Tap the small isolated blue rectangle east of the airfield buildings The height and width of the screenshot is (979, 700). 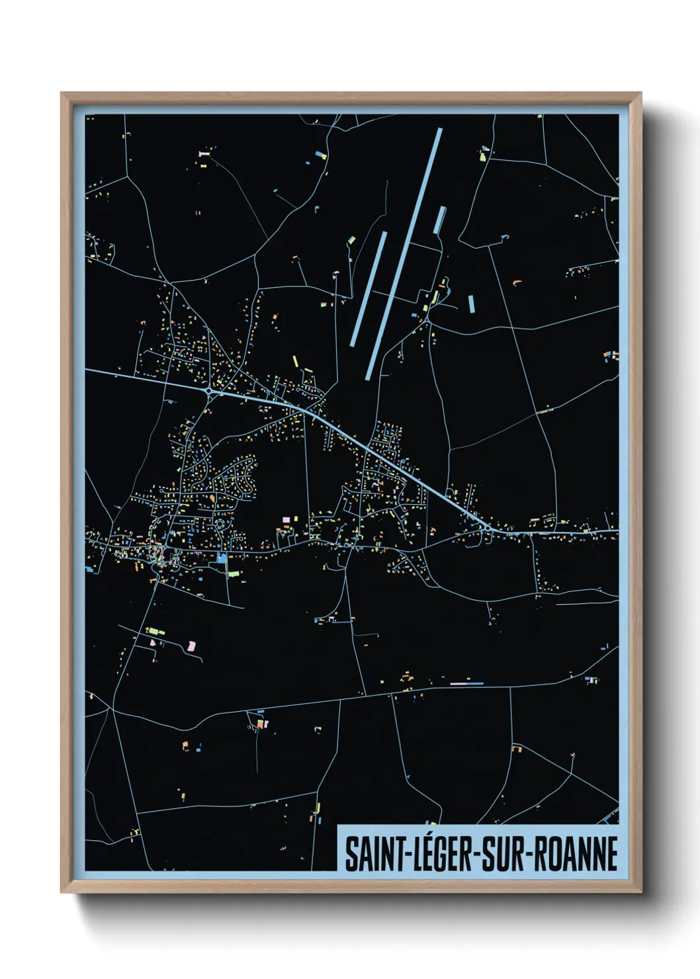[x=471, y=304]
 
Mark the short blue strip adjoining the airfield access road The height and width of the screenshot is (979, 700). [x=439, y=220]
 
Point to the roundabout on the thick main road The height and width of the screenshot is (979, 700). [x=209, y=392]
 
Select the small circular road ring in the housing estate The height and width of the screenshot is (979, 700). [x=220, y=525]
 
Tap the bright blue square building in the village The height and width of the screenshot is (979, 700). [x=222, y=558]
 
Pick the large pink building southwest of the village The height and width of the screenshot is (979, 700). [x=192, y=644]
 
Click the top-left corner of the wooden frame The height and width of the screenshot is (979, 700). [x=62, y=93]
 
